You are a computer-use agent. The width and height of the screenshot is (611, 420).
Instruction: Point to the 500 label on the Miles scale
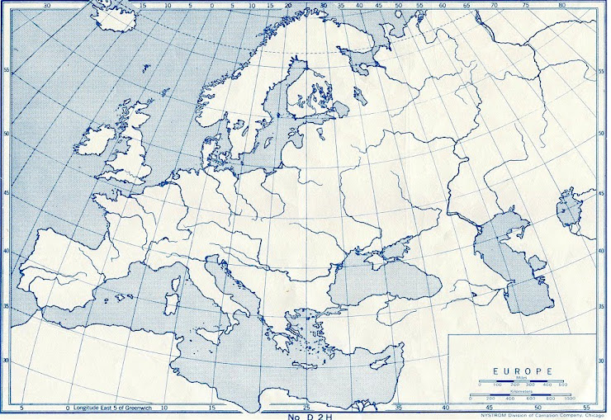pyautogui.click(x=563, y=385)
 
